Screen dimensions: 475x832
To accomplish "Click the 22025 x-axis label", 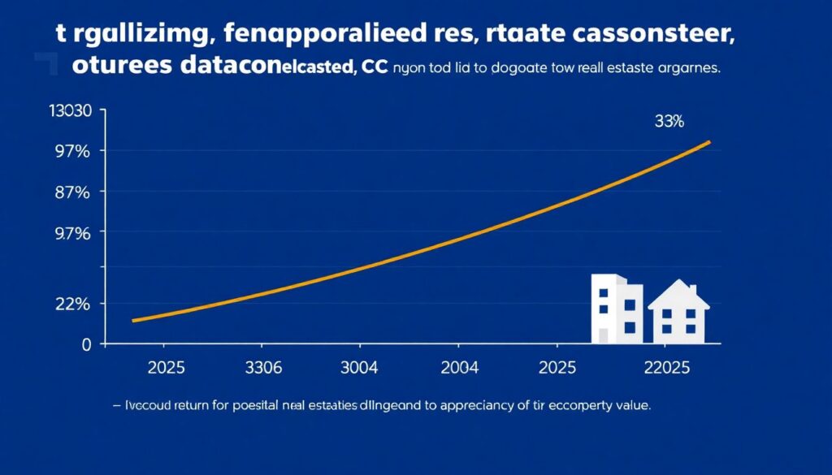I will (665, 368).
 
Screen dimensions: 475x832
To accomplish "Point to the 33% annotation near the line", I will (669, 122).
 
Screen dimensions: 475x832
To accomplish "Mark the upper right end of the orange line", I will (710, 142).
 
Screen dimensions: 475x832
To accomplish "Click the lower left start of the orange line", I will (132, 321).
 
